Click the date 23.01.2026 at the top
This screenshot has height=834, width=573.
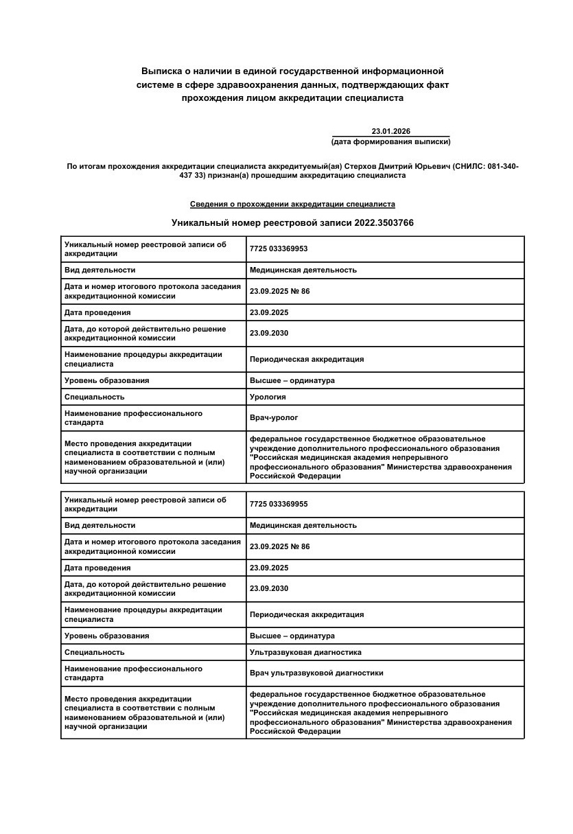click(390, 131)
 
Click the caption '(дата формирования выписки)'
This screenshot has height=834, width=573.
click(390, 142)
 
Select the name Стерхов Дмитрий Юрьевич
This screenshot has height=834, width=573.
click(397, 166)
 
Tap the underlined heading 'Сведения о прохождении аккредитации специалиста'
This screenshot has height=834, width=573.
click(292, 205)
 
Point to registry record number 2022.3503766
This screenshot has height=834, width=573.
click(384, 223)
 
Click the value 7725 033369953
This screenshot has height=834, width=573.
click(279, 248)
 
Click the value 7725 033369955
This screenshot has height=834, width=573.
click(279, 504)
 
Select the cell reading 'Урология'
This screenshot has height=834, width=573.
click(268, 397)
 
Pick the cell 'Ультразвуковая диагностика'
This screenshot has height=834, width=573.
click(305, 652)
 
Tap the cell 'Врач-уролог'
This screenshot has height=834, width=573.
click(274, 417)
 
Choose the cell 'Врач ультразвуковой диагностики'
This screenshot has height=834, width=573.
click(316, 673)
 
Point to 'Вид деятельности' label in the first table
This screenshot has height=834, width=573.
click(100, 270)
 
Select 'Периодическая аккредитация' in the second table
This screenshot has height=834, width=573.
click(307, 614)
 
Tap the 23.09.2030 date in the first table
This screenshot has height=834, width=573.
click(269, 333)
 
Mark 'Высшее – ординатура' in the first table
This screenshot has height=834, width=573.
click(292, 380)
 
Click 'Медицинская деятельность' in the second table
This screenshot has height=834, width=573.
click(303, 525)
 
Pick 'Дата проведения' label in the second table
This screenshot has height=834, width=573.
click(97, 568)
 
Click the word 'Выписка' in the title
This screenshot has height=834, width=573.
click(161, 71)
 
